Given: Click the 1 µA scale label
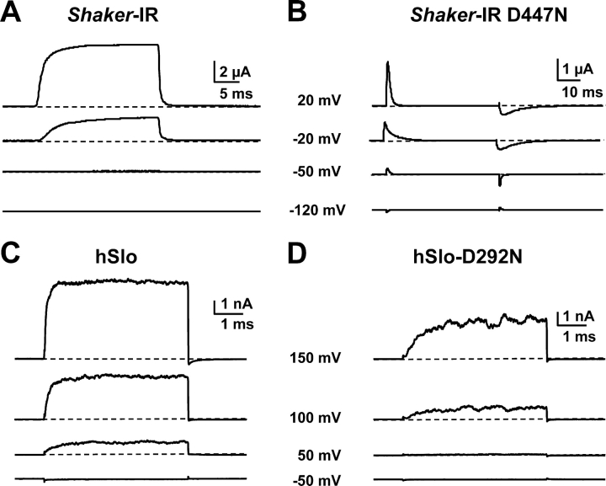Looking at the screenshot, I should pyautogui.click(x=578, y=67).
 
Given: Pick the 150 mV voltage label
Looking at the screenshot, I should pyautogui.click(x=316, y=360).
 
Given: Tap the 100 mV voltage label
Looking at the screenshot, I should pyautogui.click(x=316, y=419).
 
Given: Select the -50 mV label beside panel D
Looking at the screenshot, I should pyautogui.click(x=317, y=480).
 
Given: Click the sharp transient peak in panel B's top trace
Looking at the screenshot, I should pyautogui.click(x=387, y=62).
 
